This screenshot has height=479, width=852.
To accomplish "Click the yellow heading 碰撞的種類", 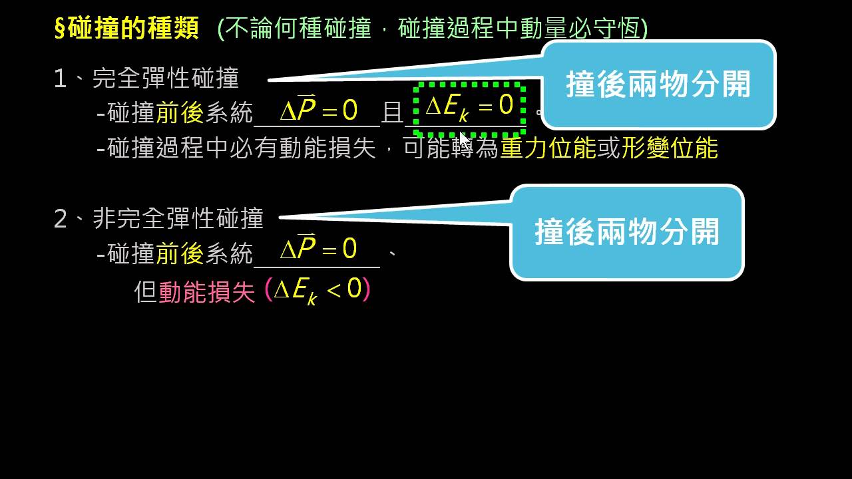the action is coord(134,28).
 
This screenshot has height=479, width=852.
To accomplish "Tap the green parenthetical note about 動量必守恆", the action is coord(433,28).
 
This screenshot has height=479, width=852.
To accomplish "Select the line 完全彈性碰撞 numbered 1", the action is coord(147,79).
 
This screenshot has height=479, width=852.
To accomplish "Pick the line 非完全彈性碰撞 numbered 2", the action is coord(159,218).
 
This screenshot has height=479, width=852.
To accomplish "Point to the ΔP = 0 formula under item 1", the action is coord(319,108).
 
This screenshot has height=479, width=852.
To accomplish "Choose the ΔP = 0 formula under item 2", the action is coord(319,248).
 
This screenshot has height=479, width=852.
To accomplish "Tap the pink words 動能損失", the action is coord(206,292).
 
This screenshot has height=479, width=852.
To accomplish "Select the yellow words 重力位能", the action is coord(548,148).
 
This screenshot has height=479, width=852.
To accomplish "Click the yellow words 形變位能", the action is coord(670,148).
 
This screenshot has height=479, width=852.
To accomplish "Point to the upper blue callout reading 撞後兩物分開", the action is coord(658,84).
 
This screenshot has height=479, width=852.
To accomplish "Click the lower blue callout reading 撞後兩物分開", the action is coord(627,232).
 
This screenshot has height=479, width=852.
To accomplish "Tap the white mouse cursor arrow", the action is coord(465,140).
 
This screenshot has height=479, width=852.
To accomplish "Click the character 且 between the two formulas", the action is coord(392,113).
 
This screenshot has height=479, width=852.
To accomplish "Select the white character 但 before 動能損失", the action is coord(146,292).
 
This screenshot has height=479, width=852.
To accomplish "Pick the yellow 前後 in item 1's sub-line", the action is coord(180,112).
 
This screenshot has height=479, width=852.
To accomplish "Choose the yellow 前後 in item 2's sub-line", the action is coord(180,253).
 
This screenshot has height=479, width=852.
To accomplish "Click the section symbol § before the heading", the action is coord(61,28).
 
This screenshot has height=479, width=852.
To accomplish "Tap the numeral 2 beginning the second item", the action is coord(61,219).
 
